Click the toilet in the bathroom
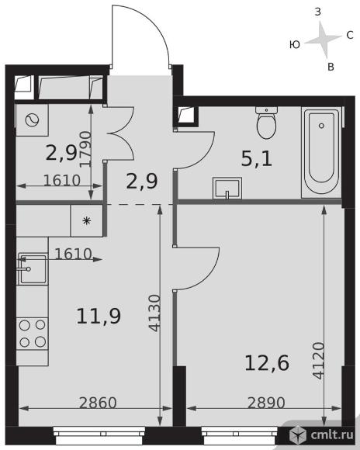266,123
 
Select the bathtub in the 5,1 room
321,152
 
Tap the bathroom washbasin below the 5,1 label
227,188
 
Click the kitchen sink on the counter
32,268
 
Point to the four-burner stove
32,333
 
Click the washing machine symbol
32,120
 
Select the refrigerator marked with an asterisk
87,220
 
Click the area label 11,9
99,316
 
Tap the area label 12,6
267,363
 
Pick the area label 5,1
256,159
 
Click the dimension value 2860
98,403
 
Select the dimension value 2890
266,403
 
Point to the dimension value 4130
155,313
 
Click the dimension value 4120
319,361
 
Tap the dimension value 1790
85,149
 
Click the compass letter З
318,12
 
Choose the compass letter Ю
295,44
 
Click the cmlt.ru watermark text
332,435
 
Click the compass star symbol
324,40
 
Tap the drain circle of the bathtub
321,126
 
